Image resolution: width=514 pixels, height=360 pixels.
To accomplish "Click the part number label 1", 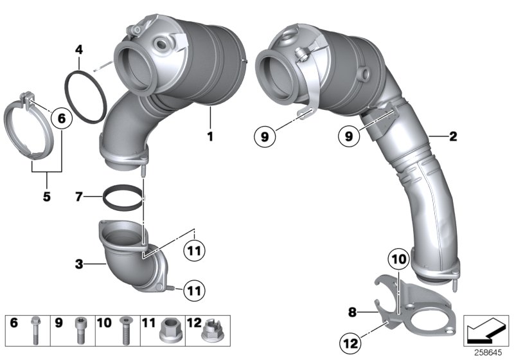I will [x=209, y=136].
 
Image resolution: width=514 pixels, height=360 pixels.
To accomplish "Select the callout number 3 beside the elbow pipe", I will [x=78, y=264].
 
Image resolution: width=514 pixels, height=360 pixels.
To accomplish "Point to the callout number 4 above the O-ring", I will [x=78, y=48].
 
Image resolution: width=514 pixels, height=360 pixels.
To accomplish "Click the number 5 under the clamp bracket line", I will [x=46, y=197].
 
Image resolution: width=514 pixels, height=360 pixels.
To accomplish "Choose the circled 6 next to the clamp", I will [x=62, y=118].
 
